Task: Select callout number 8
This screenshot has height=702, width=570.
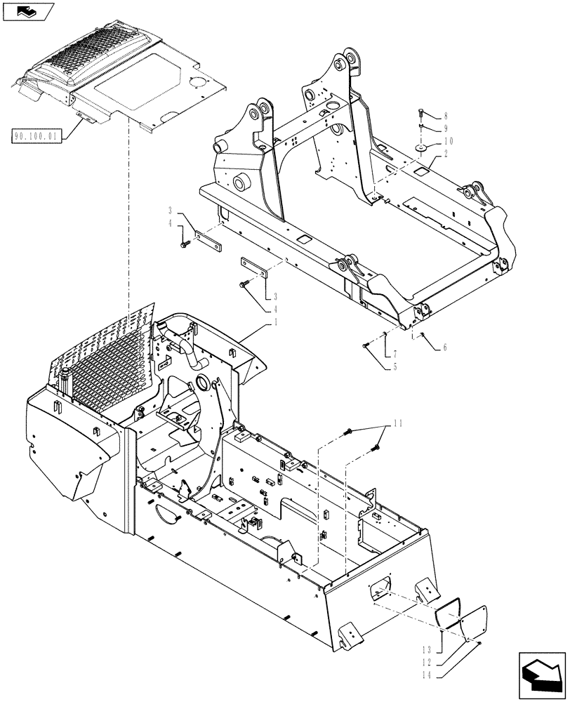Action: click(446, 117)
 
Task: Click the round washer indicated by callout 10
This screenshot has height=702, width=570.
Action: click(421, 148)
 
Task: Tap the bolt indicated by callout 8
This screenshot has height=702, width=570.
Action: click(420, 114)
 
